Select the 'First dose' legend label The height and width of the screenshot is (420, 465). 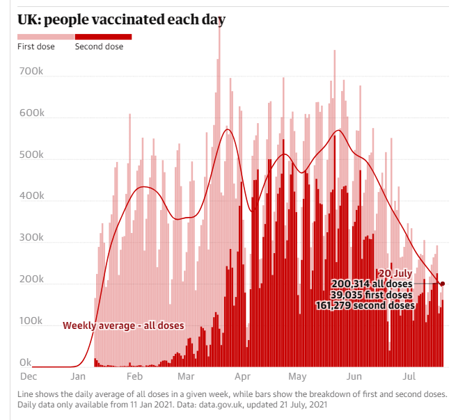coord(36,47)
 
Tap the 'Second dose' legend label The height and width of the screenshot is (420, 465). coord(99,47)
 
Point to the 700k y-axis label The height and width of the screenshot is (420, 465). coord(31,72)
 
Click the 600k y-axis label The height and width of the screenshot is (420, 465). coord(31,113)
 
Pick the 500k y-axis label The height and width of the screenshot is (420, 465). coord(31,155)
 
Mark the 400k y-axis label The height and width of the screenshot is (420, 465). coord(31,197)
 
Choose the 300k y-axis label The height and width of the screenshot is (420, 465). coord(31,239)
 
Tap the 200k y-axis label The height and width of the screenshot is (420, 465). coord(31,280)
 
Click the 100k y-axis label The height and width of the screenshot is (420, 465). coord(31,322)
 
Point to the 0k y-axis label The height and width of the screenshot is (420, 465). coord(25,362)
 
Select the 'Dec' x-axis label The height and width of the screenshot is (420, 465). coord(28,376)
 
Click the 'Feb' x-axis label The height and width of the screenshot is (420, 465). coord(135,376)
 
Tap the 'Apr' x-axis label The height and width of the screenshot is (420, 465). coord(242,376)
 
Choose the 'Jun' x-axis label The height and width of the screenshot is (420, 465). coord(354,376)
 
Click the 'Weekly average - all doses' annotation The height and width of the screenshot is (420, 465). coord(123,325)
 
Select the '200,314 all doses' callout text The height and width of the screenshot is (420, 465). coord(372,284)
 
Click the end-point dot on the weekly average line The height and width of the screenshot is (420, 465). coord(442,284)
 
